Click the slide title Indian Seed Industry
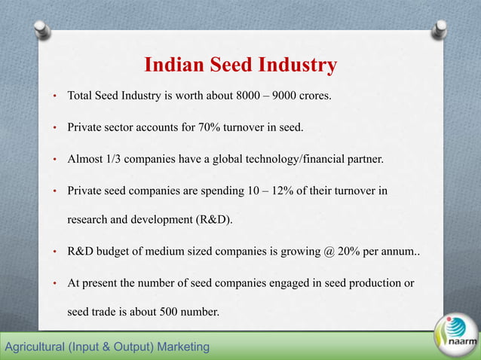pos(240,66)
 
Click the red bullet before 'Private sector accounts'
pos(54,129)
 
